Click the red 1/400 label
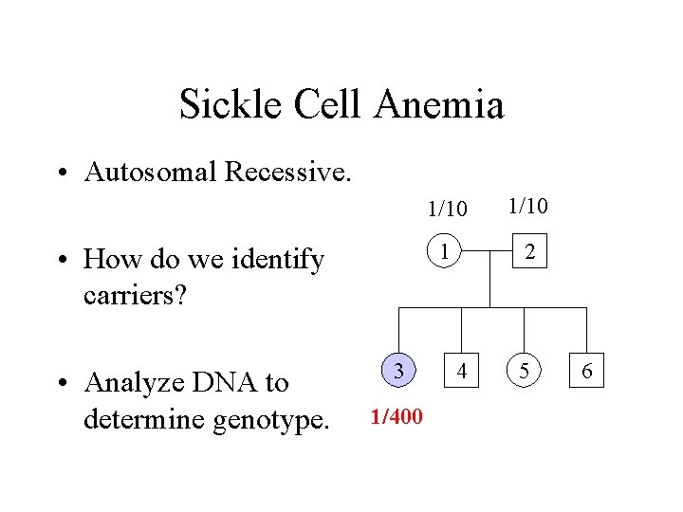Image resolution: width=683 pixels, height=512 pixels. [x=397, y=416]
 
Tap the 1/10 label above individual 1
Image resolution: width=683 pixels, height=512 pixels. [x=446, y=207]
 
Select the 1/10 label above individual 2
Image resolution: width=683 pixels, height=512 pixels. [x=527, y=205]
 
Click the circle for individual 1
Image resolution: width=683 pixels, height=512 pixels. [x=444, y=251]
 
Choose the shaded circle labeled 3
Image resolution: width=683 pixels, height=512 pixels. [x=400, y=370]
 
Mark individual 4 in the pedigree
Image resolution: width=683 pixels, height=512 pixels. [x=462, y=370]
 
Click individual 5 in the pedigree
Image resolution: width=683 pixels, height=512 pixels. [x=525, y=370]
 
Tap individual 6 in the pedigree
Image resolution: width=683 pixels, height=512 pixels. [x=587, y=370]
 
